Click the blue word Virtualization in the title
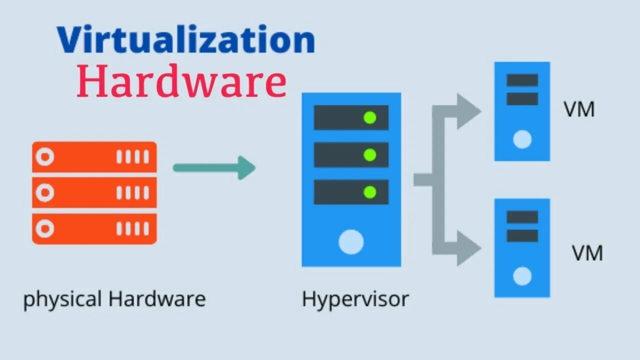tap(185, 40)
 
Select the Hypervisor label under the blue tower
tap(355, 299)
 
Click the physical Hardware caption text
tap(114, 299)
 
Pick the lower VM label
tap(587, 253)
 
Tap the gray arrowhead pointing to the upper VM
tap(468, 111)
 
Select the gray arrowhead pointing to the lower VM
tap(468, 247)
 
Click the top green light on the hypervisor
tap(370, 118)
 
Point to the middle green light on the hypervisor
tap(370, 155)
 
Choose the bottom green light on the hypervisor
tap(370, 192)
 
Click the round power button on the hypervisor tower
tap(351, 241)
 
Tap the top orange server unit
tap(94, 157)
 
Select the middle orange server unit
tap(94, 192)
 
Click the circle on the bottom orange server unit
tap(45, 229)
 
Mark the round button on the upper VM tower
tap(522, 139)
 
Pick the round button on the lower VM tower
tap(522, 276)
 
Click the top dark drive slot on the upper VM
tap(522, 80)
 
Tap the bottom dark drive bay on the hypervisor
tap(351, 192)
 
